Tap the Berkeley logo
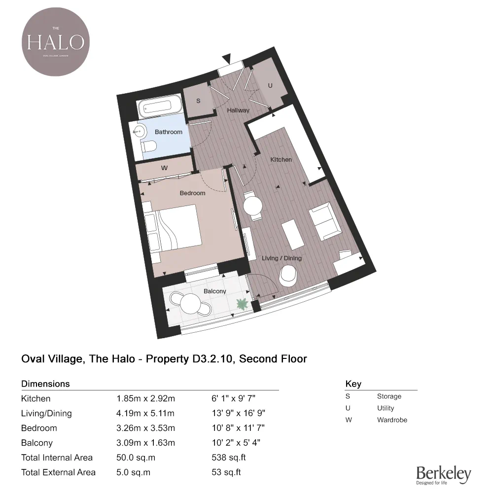[x=443, y=474]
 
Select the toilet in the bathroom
[x=149, y=146]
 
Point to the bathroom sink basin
[x=140, y=131]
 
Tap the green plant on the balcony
[x=242, y=304]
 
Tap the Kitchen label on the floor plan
[x=281, y=160]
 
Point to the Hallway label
[x=238, y=110]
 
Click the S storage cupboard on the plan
[x=198, y=101]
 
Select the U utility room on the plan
[x=270, y=85]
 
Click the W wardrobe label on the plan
[x=165, y=168]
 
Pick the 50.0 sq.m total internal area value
[x=136, y=458]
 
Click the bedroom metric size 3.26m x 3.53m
[x=145, y=428]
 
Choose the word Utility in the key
[x=386, y=408]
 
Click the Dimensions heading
[x=45, y=384]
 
